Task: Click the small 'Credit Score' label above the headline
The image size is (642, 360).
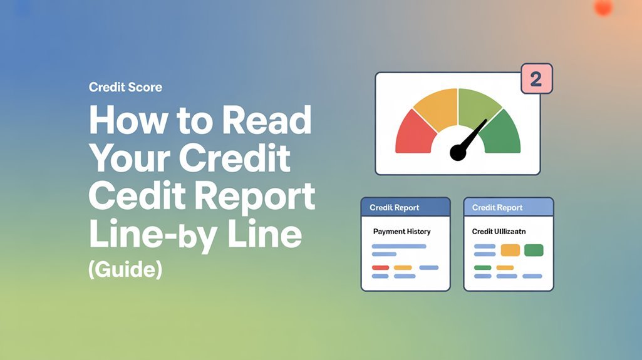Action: pos(125,87)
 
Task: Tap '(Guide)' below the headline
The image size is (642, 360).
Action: pos(125,270)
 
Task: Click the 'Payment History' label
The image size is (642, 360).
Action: pos(401,232)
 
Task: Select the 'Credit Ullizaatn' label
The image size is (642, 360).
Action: pos(499,232)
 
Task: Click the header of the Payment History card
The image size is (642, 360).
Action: pos(405,207)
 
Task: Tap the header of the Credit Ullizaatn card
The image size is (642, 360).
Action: pos(508,207)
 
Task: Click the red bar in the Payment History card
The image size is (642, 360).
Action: pos(380,267)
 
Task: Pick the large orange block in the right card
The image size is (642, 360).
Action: pos(511,250)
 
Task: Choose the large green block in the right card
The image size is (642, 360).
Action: pos(534,250)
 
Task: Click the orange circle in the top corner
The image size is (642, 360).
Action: pos(603,7)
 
